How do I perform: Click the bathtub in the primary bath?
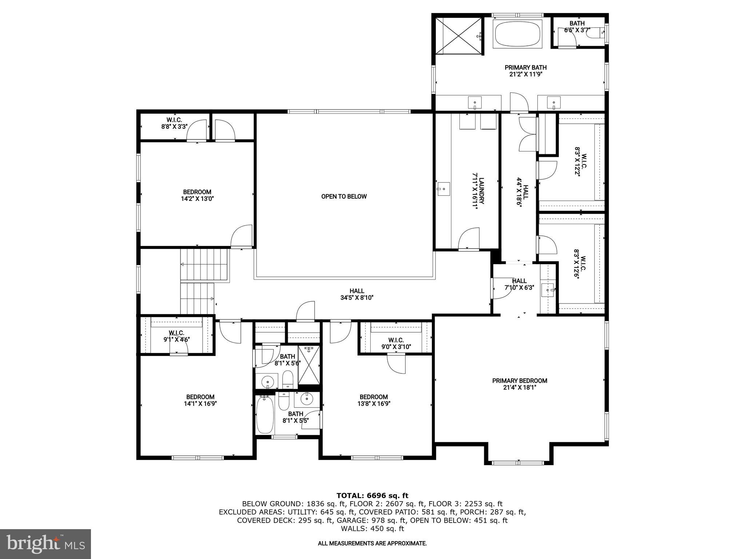pos(517,33)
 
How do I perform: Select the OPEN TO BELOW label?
pos(344,197)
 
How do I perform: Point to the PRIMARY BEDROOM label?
pos(519,381)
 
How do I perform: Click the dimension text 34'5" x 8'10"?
pos(356,297)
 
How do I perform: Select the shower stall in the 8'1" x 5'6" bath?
pos(310,365)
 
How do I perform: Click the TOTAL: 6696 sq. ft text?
pos(372,495)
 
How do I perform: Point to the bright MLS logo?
pos(45,544)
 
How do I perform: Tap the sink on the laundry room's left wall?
pos(443,189)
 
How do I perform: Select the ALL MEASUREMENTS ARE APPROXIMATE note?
pos(372,543)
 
